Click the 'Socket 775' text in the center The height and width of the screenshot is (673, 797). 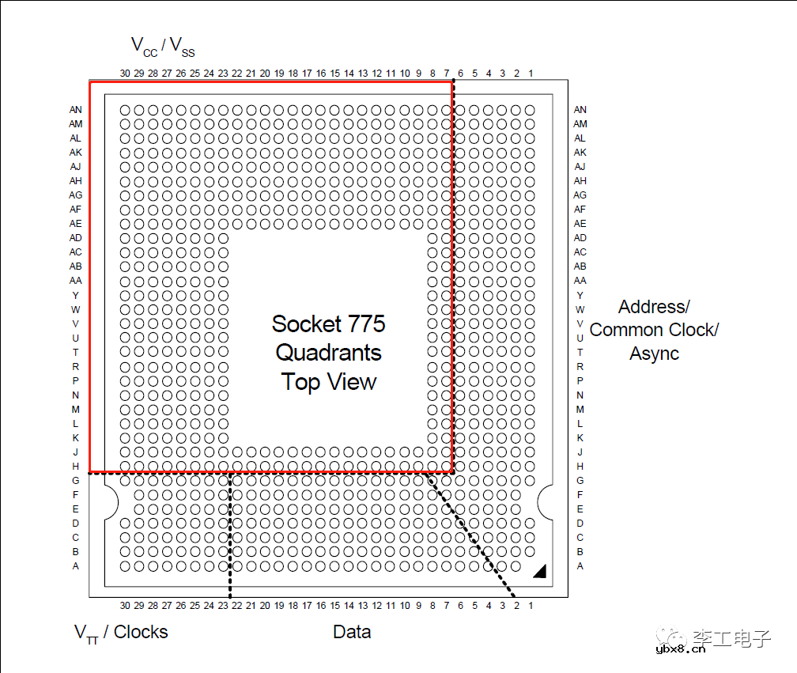(x=328, y=323)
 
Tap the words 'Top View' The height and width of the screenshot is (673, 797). (x=328, y=382)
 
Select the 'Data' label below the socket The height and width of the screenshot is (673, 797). (x=352, y=632)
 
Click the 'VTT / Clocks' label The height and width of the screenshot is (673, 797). (x=121, y=632)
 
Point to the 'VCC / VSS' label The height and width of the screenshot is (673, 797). (x=162, y=47)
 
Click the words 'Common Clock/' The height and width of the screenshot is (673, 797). (x=653, y=330)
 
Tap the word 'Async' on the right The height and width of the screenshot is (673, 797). (x=654, y=354)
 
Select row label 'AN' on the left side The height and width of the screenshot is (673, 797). (x=76, y=110)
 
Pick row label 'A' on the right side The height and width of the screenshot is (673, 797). (x=580, y=566)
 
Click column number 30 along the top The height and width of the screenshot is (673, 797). (x=125, y=74)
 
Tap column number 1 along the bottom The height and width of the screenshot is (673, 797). (x=531, y=606)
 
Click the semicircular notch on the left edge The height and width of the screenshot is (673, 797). (x=109, y=501)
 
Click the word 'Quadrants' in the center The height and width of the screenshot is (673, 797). (x=328, y=353)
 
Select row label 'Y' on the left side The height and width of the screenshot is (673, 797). (x=76, y=295)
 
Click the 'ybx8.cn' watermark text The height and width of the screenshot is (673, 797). (x=681, y=652)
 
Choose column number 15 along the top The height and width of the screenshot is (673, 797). (x=335, y=74)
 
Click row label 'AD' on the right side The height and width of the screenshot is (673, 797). (x=580, y=238)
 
